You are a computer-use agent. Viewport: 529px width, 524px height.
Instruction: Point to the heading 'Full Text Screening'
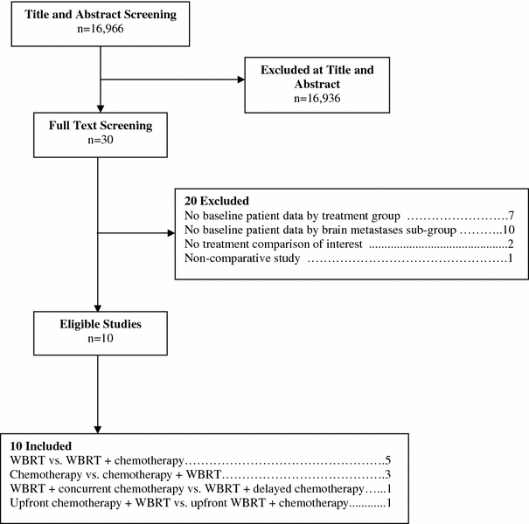point(101,125)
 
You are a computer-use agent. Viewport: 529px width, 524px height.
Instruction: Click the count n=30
point(101,140)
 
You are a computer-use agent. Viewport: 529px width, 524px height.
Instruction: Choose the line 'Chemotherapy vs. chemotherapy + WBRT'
point(117,473)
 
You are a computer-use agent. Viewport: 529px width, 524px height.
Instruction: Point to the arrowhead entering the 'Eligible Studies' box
point(101,305)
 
